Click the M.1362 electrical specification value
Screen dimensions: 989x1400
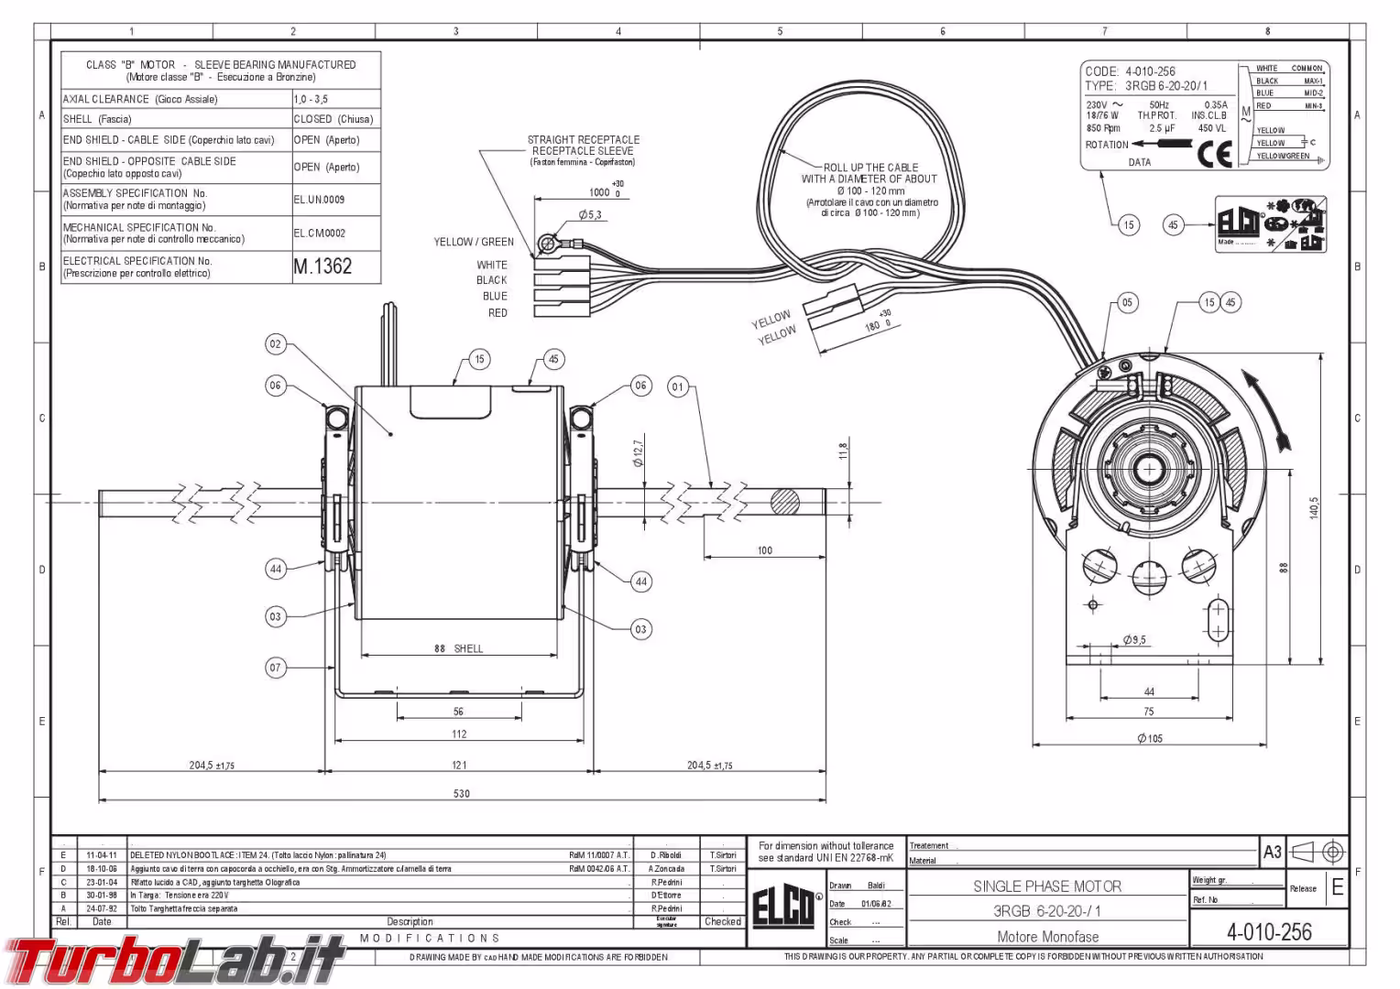[x=323, y=266]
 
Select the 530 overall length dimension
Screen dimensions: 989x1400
[x=461, y=793]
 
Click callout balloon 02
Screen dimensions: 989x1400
[x=275, y=344]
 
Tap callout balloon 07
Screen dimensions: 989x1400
[x=275, y=668]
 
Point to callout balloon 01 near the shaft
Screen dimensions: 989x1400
[x=677, y=386]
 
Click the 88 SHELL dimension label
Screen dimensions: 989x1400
[x=458, y=648]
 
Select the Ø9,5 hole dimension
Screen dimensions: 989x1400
[x=1134, y=640]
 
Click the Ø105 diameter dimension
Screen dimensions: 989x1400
[x=1149, y=738]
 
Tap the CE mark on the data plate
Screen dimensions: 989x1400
[x=1214, y=155]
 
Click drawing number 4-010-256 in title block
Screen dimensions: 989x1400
[x=1269, y=932]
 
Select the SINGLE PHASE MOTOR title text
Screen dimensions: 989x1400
[x=1046, y=886]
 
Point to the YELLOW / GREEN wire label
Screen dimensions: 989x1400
[x=474, y=242]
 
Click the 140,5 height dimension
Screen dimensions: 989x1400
[x=1314, y=508]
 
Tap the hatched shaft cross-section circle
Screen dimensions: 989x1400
[x=785, y=502]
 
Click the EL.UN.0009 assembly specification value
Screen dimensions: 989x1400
[x=319, y=199]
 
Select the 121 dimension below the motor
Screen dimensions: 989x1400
[x=458, y=765]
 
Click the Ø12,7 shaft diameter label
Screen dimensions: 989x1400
[x=638, y=453]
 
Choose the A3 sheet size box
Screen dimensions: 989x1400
[x=1272, y=853]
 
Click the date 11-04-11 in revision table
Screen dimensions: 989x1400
[x=101, y=854]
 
